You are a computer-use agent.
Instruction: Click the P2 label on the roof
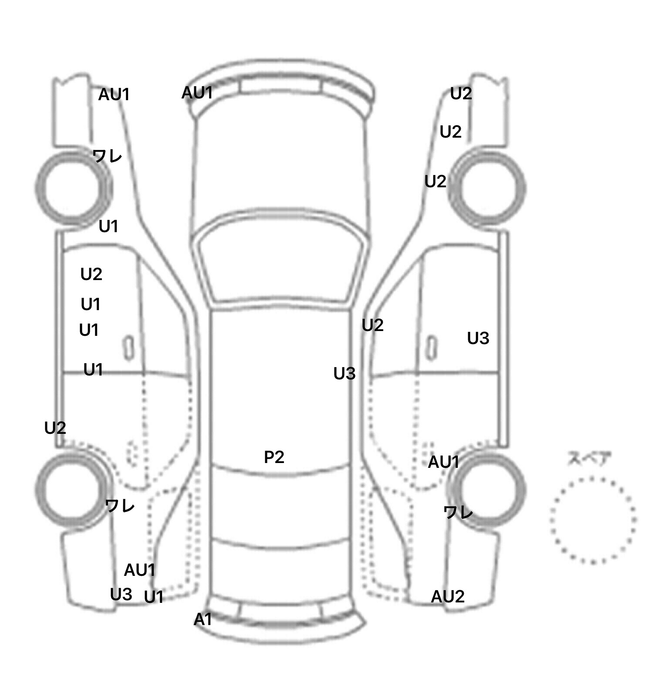click(274, 457)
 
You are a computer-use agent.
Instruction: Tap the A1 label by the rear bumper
click(203, 619)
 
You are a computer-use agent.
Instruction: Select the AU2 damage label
click(447, 597)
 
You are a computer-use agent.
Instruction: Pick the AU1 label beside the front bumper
click(197, 93)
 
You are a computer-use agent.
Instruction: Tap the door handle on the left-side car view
click(128, 347)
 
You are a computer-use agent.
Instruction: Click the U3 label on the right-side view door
click(478, 338)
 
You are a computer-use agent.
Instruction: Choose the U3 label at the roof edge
click(344, 373)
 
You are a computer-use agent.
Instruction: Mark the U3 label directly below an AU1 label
click(121, 594)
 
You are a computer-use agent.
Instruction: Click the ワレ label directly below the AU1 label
click(458, 512)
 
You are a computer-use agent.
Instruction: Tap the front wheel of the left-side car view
click(72, 188)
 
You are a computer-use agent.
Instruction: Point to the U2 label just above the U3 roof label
click(372, 325)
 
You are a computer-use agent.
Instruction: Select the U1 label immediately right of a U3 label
click(153, 597)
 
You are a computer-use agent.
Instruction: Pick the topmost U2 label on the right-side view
click(461, 93)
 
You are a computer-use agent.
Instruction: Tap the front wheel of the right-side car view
click(488, 188)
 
